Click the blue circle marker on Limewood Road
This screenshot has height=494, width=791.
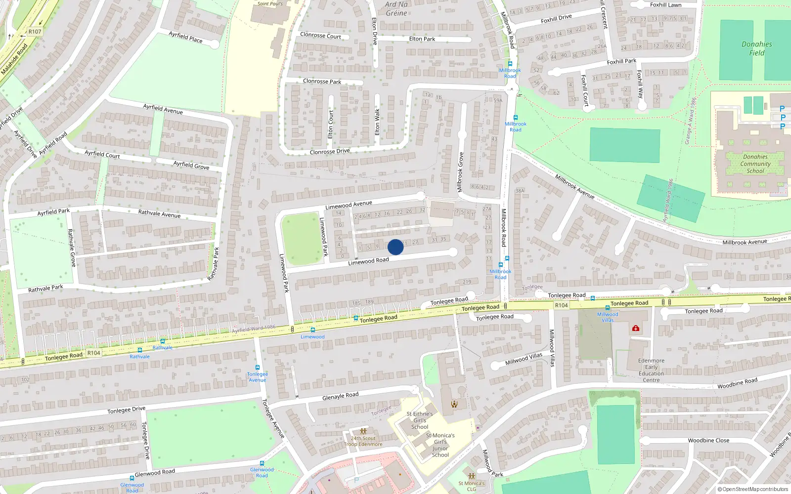(395, 247)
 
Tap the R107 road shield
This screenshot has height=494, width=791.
(35, 32)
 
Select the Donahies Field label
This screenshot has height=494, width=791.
(756, 48)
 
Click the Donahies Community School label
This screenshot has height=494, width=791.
(755, 164)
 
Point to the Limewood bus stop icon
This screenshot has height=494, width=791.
(312, 330)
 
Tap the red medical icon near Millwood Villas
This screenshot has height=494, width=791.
(636, 328)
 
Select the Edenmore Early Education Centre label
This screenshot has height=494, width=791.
(651, 370)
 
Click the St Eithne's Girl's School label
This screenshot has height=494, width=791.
(420, 420)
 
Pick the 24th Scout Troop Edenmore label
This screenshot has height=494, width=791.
(363, 441)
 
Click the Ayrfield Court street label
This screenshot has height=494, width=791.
(102, 154)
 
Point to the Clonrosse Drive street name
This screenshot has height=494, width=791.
(330, 152)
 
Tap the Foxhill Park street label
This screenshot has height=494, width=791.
(621, 62)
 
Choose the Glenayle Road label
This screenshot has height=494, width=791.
(340, 396)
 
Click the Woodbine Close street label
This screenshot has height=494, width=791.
(708, 441)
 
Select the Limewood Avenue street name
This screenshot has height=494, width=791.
(349, 205)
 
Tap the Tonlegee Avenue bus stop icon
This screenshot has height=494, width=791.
(258, 368)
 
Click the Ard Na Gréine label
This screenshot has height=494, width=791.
(396, 9)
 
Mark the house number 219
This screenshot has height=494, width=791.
(467, 282)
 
